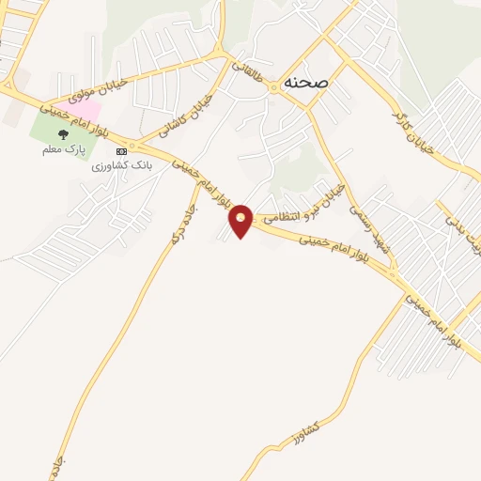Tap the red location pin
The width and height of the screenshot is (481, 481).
pos(241,220)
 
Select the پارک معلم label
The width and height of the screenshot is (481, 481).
pos(64,149)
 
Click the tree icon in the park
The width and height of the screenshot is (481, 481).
pos(64,134)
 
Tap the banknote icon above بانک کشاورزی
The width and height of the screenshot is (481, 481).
pos(120,150)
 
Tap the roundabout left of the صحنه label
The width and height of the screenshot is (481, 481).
pos(273,87)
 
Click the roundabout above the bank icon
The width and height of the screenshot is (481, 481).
pos(132,147)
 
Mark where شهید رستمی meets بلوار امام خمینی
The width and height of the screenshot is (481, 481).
pos(393,277)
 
